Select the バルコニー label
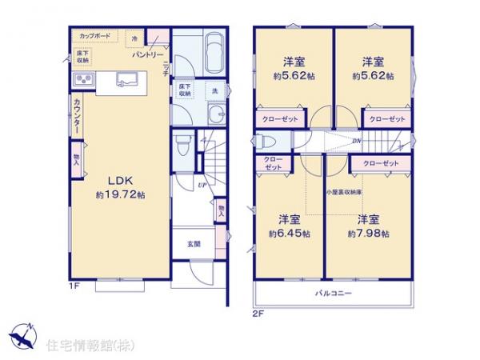(x=333, y=293)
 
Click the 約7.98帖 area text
(x=369, y=234)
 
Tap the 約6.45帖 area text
(x=285, y=234)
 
